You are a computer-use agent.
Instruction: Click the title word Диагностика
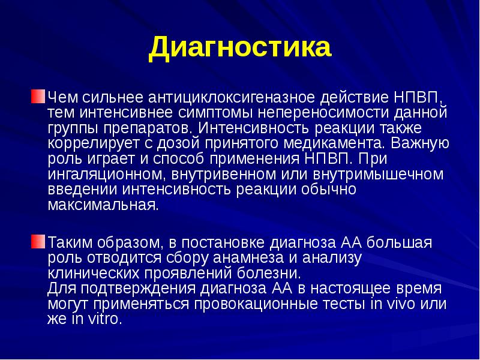click(239, 47)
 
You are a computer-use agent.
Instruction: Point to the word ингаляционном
click(106, 175)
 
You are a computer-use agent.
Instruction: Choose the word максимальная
click(103, 206)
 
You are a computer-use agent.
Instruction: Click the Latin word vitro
click(101, 320)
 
